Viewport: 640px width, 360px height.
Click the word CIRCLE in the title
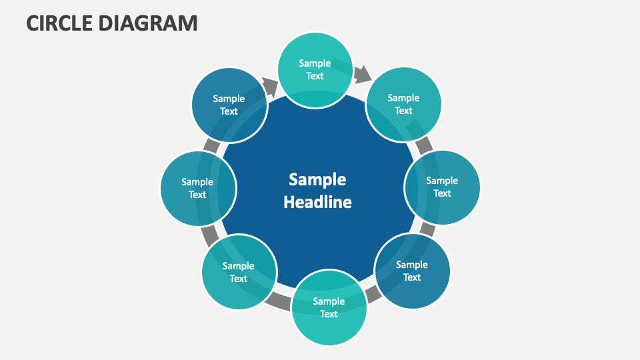coord(59,23)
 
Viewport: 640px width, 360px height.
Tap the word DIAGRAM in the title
coord(148,23)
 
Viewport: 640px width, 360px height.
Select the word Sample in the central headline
coord(317,179)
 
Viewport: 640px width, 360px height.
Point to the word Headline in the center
coord(317,202)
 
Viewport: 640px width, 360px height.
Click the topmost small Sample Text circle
coord(315,70)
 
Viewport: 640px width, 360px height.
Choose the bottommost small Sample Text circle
coord(329,307)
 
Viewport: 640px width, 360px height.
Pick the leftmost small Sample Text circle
coord(197,188)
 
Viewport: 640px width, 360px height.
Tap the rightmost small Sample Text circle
coord(442,187)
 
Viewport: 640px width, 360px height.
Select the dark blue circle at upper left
coord(229,105)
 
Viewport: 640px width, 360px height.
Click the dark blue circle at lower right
coord(412,271)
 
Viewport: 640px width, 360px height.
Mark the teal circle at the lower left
coord(239,272)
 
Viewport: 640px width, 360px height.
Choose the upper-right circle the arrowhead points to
coord(403,105)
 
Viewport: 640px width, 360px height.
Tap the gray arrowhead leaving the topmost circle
coord(362,74)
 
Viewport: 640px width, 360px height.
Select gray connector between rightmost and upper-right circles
coord(423,145)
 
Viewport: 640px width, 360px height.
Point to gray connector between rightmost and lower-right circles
coord(428,230)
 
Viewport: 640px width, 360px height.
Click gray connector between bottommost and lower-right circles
coord(372,293)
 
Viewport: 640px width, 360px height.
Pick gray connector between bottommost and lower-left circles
coord(279,301)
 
